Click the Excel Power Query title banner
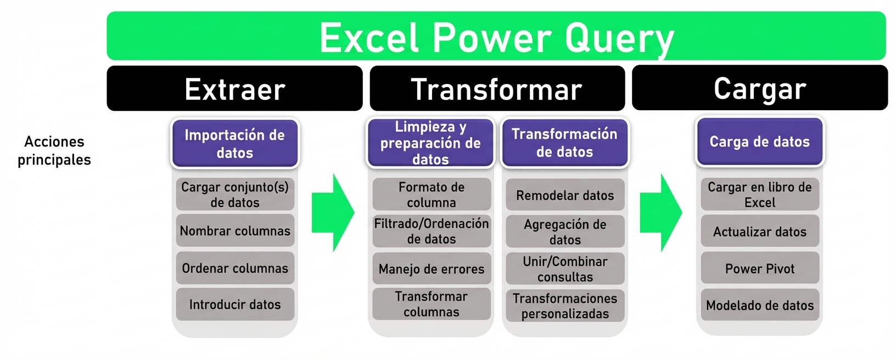click(496, 36)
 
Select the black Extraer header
click(234, 89)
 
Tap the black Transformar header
click(497, 89)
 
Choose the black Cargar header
click(759, 88)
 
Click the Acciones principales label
click(54, 150)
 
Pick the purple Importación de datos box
click(234, 143)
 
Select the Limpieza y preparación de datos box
click(430, 143)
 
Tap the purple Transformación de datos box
click(564, 143)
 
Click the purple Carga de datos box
click(759, 142)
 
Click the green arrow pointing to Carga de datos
click(661, 212)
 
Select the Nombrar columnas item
click(235, 230)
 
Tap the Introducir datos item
click(235, 304)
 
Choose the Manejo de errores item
click(432, 268)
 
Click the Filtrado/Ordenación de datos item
click(432, 231)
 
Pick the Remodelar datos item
click(565, 195)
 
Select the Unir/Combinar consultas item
click(565, 268)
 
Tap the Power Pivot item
click(760, 268)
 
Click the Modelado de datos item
click(760, 305)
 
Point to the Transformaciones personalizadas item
click(565, 306)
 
